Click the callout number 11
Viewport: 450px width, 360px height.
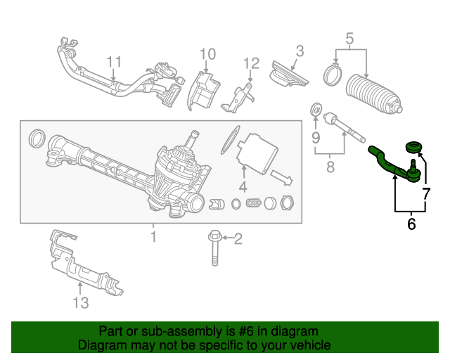(x=114, y=62)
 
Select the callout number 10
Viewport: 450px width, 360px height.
(x=207, y=54)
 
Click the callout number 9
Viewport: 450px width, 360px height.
(x=316, y=136)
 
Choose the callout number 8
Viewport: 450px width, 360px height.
(x=330, y=168)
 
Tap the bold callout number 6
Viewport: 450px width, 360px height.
(x=411, y=224)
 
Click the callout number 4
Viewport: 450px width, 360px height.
(x=242, y=187)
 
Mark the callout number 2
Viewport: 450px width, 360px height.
(x=238, y=240)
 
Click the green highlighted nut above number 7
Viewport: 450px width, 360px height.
(x=413, y=148)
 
